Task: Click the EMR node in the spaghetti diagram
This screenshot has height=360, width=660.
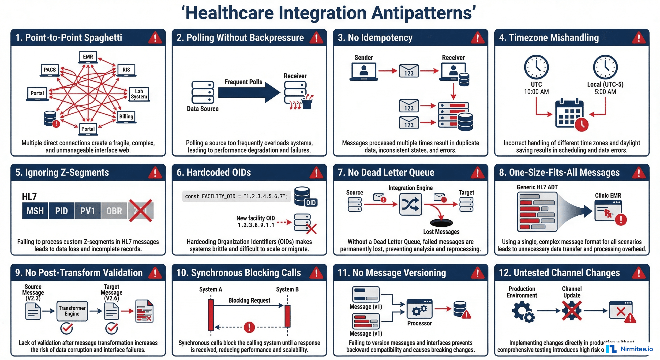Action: pos(88,57)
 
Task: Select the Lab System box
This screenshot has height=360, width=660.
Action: pos(139,94)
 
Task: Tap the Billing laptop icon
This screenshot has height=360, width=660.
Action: pos(126,117)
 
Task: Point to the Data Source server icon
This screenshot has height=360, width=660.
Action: pos(203,92)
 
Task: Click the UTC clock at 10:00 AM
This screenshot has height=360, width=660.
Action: pos(536,67)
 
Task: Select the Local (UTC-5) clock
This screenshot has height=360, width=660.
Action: pos(605,67)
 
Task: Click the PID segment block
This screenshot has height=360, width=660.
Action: pos(61,211)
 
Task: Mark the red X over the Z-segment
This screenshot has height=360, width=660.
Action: pos(140,211)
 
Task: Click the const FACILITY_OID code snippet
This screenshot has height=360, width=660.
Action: pos(236,196)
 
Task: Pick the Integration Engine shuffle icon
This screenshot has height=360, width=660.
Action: pos(410,204)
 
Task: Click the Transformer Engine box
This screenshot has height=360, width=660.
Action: pos(72,311)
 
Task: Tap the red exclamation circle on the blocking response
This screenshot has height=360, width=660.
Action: pos(249,327)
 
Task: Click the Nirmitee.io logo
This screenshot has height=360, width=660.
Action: pos(630,349)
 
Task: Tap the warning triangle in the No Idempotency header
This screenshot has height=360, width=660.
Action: pos(477,38)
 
